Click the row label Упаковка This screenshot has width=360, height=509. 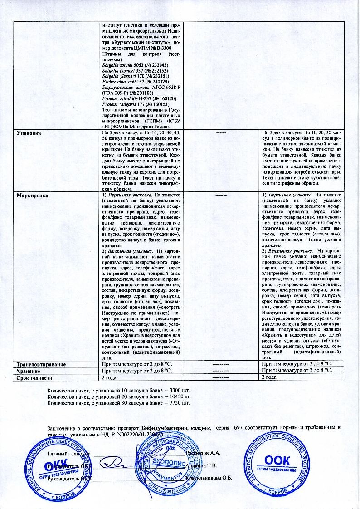click(x=29, y=134)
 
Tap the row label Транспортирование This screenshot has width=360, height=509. click(x=41, y=364)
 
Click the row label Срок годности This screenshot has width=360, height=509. click(x=35, y=377)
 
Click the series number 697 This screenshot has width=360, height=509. click(x=239, y=428)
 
